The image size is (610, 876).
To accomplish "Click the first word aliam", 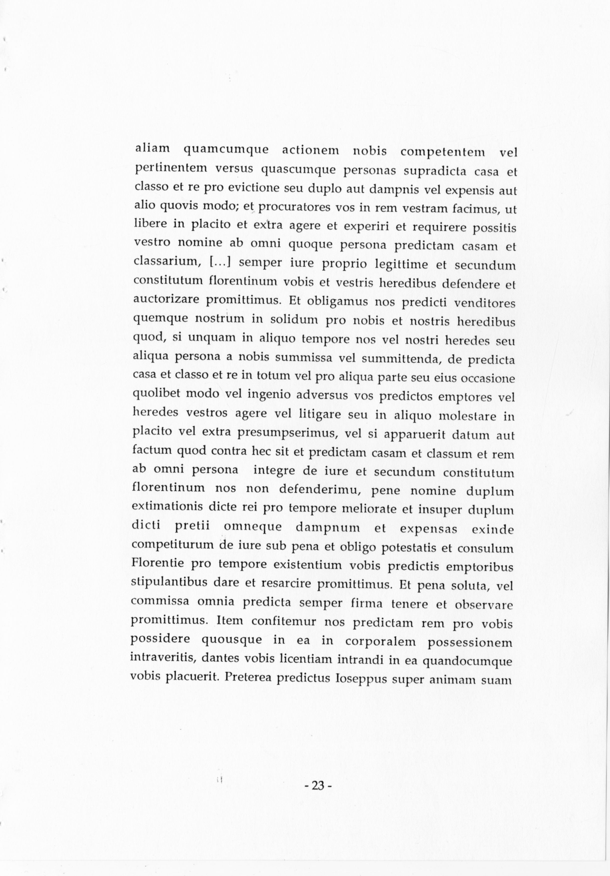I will click(x=152, y=149).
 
